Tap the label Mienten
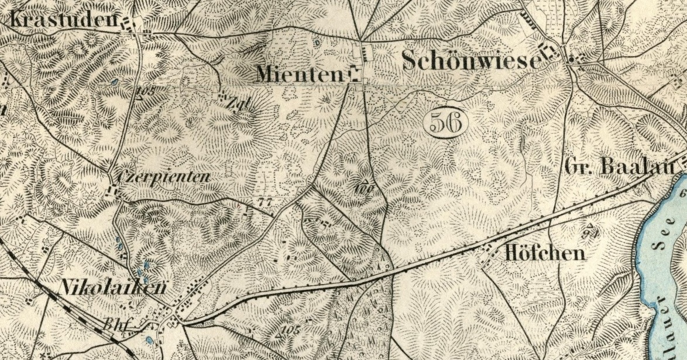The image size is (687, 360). pos(299,74)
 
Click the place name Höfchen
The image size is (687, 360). pos(544,253)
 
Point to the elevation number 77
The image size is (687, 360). pos(266,201)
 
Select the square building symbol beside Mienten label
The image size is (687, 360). pos(354,74)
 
